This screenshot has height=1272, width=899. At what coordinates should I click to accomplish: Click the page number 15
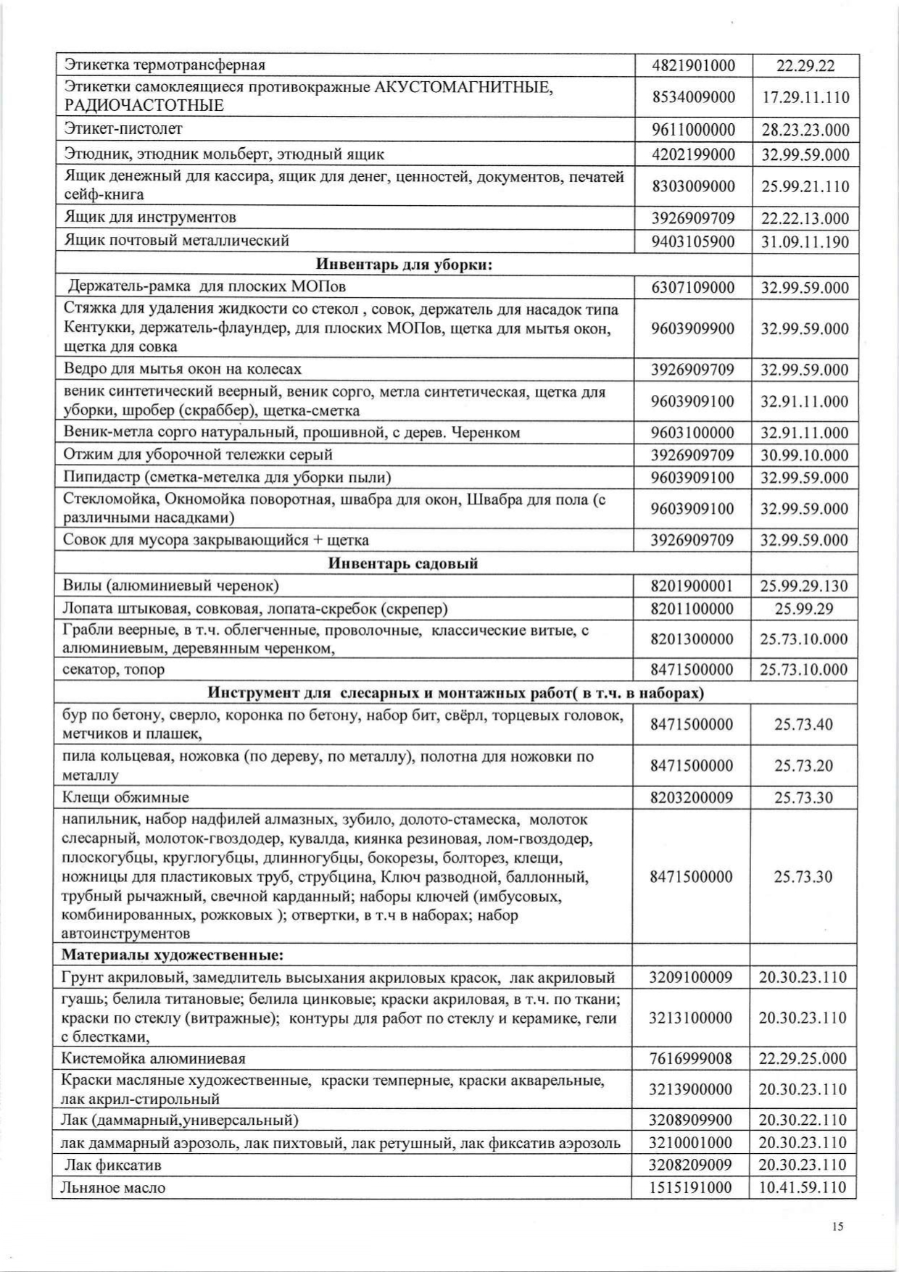tap(838, 1226)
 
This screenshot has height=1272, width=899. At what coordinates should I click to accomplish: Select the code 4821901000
tap(693, 65)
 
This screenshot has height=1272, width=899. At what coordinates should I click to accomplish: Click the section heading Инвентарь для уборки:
tap(404, 265)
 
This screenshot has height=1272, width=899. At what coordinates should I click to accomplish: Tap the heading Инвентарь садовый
tap(403, 563)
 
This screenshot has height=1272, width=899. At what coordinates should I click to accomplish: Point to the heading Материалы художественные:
tap(172, 955)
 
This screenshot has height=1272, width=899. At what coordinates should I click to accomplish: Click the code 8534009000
tap(693, 97)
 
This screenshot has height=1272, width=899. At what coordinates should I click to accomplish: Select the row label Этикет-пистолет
tap(123, 129)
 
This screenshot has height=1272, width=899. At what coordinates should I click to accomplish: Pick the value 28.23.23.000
tap(805, 130)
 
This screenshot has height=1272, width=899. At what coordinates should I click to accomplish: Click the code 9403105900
tap(693, 241)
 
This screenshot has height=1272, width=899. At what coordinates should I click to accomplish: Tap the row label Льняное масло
tap(115, 1187)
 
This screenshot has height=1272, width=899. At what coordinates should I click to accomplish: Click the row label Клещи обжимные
tap(125, 797)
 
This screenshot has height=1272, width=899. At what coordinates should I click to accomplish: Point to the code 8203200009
tap(692, 797)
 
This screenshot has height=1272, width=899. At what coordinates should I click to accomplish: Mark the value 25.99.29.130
tap(804, 586)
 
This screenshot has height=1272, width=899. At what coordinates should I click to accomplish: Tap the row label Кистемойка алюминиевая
tap(154, 1059)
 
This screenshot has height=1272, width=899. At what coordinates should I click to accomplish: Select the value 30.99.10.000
tap(805, 455)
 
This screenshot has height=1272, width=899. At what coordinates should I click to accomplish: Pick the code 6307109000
tap(692, 288)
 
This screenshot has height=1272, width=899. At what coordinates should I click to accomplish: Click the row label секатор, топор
tap(114, 669)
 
